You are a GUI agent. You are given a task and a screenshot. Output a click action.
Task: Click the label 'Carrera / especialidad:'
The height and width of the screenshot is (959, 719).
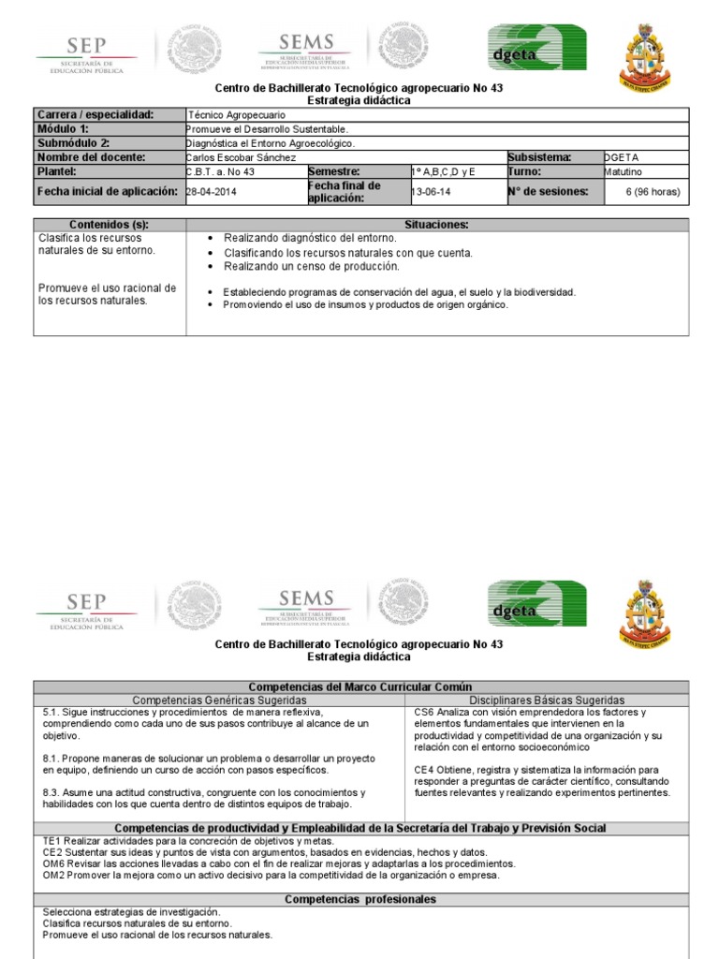[95, 114]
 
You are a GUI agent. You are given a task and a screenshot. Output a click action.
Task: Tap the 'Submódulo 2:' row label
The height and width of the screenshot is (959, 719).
[74, 143]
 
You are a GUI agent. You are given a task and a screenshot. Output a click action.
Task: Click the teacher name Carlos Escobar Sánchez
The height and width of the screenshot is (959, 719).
[241, 158]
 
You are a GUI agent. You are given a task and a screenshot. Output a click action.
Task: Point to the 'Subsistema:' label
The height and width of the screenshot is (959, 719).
[540, 158]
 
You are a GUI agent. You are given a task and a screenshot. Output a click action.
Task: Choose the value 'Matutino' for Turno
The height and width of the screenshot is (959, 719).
[624, 172]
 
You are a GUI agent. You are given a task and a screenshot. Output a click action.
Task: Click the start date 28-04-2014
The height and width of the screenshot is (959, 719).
[213, 191]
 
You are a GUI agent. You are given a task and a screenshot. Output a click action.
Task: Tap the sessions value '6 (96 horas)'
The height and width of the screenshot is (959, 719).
[652, 191]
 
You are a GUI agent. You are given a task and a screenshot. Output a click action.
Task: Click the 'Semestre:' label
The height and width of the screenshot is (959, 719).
[334, 172]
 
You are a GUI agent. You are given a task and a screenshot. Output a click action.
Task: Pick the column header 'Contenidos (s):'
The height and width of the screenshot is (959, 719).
[110, 225]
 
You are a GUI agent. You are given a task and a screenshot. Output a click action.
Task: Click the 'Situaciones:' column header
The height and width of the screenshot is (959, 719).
[436, 225]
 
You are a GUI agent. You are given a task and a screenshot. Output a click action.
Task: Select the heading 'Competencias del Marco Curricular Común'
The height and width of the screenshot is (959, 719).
[360, 687]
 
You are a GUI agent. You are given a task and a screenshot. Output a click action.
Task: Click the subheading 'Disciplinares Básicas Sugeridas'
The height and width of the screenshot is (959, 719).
[546, 701]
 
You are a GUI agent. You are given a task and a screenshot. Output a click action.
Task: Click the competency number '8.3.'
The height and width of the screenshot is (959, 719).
[52, 792]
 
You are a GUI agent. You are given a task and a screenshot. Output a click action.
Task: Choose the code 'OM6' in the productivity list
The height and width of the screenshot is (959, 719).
[53, 863]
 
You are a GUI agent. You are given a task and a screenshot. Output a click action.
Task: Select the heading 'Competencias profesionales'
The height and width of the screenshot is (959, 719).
[360, 899]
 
